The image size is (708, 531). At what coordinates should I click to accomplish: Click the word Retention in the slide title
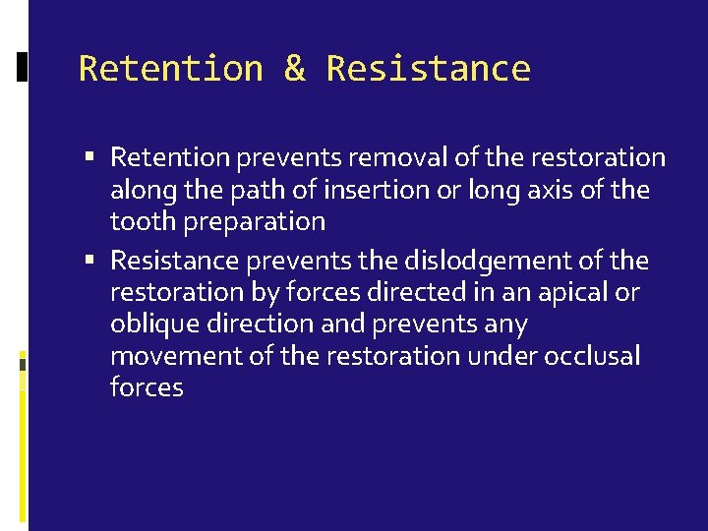[171, 69]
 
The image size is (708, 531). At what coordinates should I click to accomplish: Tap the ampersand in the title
[294, 69]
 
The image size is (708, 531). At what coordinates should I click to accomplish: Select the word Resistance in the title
[428, 69]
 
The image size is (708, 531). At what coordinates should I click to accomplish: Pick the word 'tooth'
[136, 221]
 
